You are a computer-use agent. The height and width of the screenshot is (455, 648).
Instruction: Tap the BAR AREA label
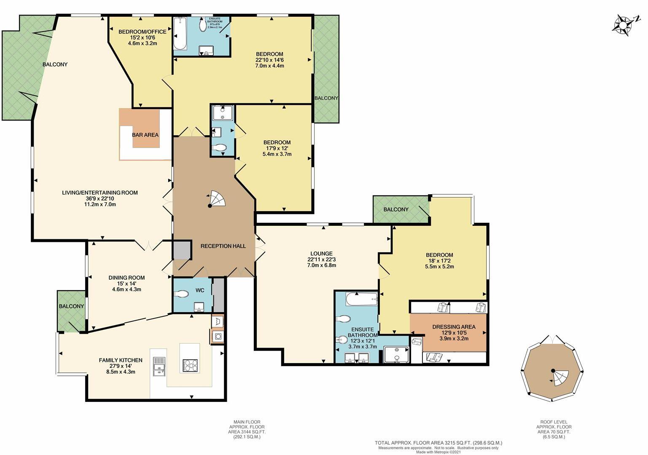coord(145,135)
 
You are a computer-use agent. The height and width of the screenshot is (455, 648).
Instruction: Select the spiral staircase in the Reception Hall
coord(217,199)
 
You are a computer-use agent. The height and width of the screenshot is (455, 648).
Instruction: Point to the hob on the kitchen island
coord(190,365)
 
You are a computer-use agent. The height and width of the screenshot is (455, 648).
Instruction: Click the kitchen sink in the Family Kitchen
coord(159,366)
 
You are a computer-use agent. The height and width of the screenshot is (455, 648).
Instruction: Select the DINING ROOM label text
coord(126,278)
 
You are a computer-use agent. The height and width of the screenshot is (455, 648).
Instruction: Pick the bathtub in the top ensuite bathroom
coord(180,34)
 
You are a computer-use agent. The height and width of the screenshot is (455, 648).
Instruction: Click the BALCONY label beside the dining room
coord(71,306)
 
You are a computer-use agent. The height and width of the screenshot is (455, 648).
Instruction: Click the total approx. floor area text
coord(438,443)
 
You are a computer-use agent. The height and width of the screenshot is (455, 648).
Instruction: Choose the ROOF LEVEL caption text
coord(554,422)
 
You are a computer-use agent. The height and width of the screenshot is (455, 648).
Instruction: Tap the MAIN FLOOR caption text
coord(247,422)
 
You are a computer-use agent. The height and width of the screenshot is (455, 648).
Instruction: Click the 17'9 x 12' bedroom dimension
coord(277,148)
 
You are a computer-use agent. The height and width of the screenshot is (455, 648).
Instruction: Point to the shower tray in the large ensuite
coord(396,355)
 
